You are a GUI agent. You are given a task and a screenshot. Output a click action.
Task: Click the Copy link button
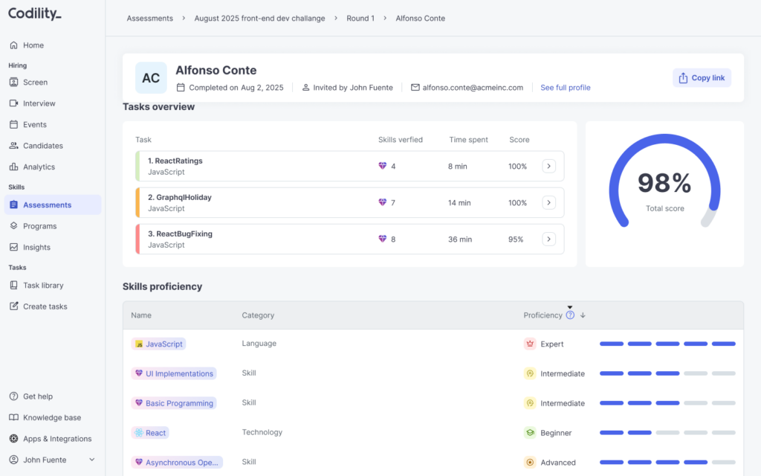click(x=702, y=77)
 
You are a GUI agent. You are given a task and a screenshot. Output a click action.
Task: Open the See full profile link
click(x=566, y=88)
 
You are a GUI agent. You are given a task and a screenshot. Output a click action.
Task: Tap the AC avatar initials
click(x=151, y=77)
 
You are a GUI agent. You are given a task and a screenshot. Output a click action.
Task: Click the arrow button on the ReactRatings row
click(x=549, y=166)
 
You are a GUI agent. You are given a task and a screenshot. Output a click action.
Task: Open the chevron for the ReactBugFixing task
click(x=549, y=239)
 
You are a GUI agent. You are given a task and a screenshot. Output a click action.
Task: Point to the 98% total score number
click(x=664, y=183)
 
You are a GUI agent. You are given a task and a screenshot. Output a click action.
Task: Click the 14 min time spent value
click(x=459, y=202)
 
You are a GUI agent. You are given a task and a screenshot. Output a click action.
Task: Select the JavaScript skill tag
click(x=159, y=344)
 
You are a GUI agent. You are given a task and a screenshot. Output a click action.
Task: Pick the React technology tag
click(x=150, y=433)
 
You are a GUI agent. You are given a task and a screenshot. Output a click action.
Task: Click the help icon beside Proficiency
click(x=570, y=315)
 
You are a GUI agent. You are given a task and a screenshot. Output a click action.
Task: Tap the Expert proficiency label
click(x=552, y=344)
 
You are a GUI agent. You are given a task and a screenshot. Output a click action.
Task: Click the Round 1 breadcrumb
click(x=360, y=19)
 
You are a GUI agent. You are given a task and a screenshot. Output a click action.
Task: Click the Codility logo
click(x=35, y=13)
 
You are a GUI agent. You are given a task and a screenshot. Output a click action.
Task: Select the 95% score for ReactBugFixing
click(x=516, y=239)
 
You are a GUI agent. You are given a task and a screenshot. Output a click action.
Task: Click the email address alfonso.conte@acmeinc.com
click(x=473, y=88)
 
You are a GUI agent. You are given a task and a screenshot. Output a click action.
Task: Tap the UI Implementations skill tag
click(x=174, y=373)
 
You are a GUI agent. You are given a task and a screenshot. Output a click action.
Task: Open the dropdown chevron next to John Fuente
click(x=91, y=460)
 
